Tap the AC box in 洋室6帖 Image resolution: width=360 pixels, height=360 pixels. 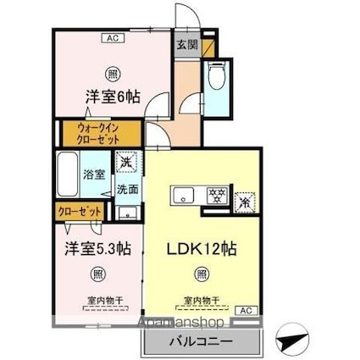[111, 37]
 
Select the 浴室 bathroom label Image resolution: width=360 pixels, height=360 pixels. [93, 175]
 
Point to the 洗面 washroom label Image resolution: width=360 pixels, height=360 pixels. [128, 189]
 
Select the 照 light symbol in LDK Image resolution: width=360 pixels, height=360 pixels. [201, 274]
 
